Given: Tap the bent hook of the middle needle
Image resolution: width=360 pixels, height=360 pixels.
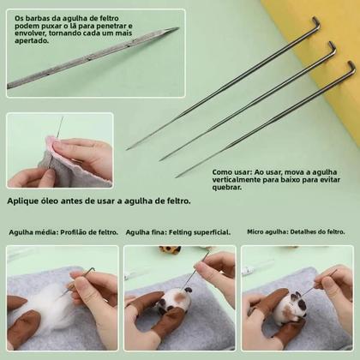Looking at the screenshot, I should (x=332, y=45).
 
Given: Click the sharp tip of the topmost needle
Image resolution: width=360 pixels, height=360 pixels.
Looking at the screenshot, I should (x=129, y=148).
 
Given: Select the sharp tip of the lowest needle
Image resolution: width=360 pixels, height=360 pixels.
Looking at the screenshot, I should (x=177, y=177).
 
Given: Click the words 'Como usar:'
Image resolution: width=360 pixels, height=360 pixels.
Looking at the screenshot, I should (x=232, y=171).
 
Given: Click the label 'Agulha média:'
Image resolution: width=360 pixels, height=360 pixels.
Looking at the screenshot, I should (x=34, y=232).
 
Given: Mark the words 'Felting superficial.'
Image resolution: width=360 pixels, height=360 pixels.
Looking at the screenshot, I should (x=201, y=232).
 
